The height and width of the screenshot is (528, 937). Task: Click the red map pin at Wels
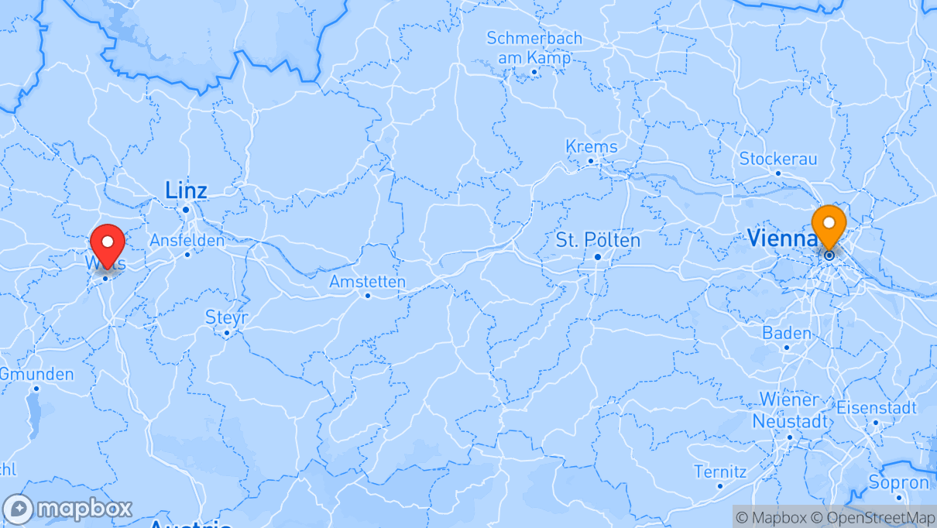point(108,242)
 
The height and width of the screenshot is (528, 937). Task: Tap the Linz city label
point(186,190)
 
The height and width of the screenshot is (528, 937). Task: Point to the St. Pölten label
point(598,241)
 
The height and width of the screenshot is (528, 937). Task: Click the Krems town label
point(592,147)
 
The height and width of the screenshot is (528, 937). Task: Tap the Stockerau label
point(778,159)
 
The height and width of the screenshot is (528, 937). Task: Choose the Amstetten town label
point(367,282)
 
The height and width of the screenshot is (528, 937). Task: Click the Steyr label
point(227,317)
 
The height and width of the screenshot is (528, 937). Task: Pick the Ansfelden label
point(187,241)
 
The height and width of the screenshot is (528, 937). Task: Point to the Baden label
point(787,334)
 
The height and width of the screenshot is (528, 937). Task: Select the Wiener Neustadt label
point(789,411)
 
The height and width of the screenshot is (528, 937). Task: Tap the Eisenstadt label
point(877,408)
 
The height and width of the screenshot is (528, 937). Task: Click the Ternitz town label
point(720,471)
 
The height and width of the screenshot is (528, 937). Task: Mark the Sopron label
point(898,483)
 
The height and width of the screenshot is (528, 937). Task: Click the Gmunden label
point(36,375)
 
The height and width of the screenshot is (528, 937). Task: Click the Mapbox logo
point(67,509)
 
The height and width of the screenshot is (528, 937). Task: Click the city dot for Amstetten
point(368,295)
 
